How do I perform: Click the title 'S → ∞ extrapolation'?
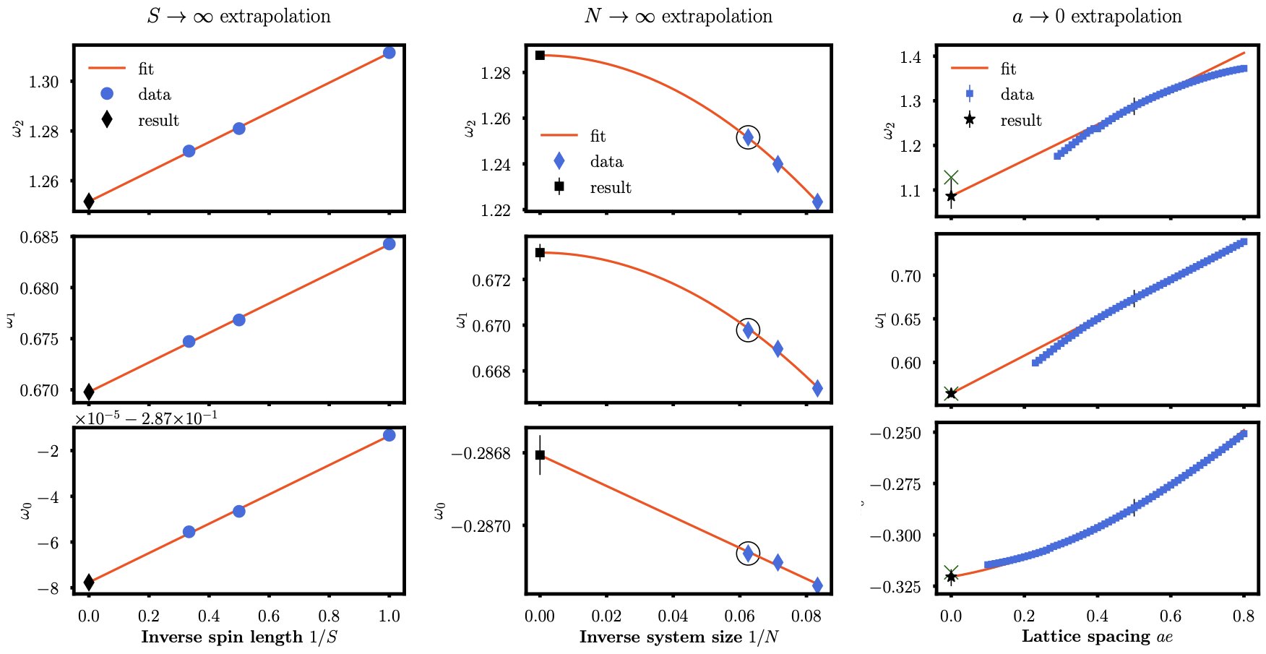pyautogui.click(x=238, y=16)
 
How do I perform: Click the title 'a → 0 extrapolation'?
pyautogui.click(x=1096, y=16)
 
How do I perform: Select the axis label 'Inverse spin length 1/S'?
pyautogui.click(x=239, y=637)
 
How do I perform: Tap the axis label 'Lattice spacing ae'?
pyautogui.click(x=1096, y=637)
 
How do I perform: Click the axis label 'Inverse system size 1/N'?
pyautogui.click(x=679, y=637)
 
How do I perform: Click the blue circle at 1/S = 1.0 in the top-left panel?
pyautogui.click(x=389, y=53)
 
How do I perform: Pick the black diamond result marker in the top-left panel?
pyautogui.click(x=89, y=201)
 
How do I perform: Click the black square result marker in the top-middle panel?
pyautogui.click(x=540, y=55)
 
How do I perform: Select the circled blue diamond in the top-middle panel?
pyautogui.click(x=748, y=137)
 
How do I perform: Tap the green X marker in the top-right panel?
pyautogui.click(x=951, y=178)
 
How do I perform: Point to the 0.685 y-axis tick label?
pyautogui.click(x=40, y=237)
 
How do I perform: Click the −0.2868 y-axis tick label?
pyautogui.click(x=481, y=454)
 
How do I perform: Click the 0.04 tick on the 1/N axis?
pyautogui.click(x=673, y=616)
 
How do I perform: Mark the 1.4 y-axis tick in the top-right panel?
pyautogui.click(x=910, y=57)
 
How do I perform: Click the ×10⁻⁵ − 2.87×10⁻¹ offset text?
pyautogui.click(x=147, y=418)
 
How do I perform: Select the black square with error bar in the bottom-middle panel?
pyautogui.click(x=540, y=455)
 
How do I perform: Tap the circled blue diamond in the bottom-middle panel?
pyautogui.click(x=748, y=553)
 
